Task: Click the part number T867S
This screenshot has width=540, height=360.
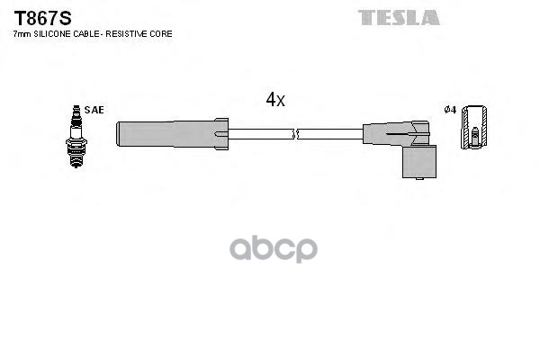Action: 42,18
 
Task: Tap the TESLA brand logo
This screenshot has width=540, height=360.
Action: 399,18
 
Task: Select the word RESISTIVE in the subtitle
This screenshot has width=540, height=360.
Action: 128,34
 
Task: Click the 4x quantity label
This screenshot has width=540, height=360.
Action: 275,100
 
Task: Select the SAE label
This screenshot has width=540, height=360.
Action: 94,110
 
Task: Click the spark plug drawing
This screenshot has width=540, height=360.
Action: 76,137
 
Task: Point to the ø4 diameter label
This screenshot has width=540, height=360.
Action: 450,110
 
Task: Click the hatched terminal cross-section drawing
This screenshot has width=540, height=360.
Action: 474,127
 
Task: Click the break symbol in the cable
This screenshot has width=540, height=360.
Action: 295,134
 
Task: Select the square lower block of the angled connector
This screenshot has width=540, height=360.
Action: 419,162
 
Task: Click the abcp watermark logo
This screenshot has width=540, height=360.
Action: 274,248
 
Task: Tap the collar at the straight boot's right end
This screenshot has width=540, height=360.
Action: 221,134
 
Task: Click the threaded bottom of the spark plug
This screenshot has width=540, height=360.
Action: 76,157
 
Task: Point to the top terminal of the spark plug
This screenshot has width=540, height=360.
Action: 76,111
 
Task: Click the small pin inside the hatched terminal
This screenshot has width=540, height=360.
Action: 475,137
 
